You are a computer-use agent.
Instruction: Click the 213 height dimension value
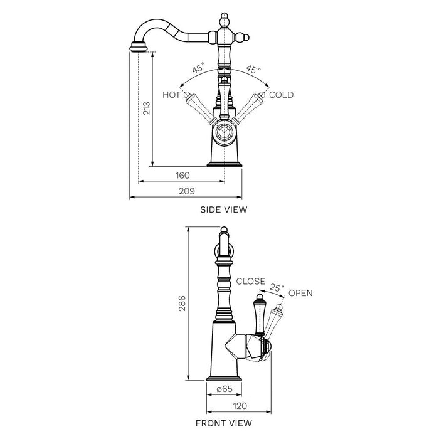146,108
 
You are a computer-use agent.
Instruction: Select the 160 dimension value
182,176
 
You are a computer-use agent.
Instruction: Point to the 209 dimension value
187,191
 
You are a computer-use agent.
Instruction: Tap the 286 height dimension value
182,303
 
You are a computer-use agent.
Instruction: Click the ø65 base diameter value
225,389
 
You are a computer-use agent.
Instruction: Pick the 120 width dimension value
240,406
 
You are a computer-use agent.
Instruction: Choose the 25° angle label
277,287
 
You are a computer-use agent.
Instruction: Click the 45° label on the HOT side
198,68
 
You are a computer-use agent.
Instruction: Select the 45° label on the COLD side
253,69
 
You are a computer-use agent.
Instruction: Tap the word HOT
171,95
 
